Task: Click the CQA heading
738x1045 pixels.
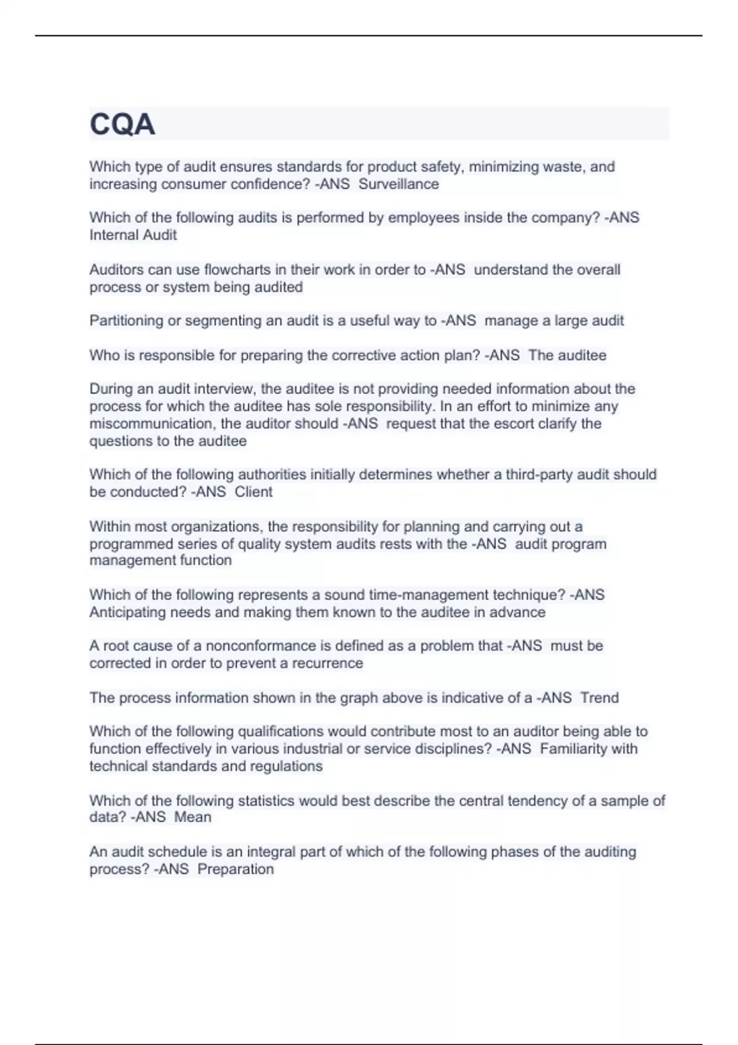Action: (x=122, y=125)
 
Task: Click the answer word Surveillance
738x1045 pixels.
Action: (x=399, y=184)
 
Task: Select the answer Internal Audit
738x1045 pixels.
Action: (x=133, y=235)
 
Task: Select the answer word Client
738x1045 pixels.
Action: (x=253, y=492)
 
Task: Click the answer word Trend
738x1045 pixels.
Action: (x=600, y=698)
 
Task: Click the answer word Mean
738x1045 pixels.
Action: (x=192, y=817)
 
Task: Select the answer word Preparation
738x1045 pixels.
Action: (x=236, y=869)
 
